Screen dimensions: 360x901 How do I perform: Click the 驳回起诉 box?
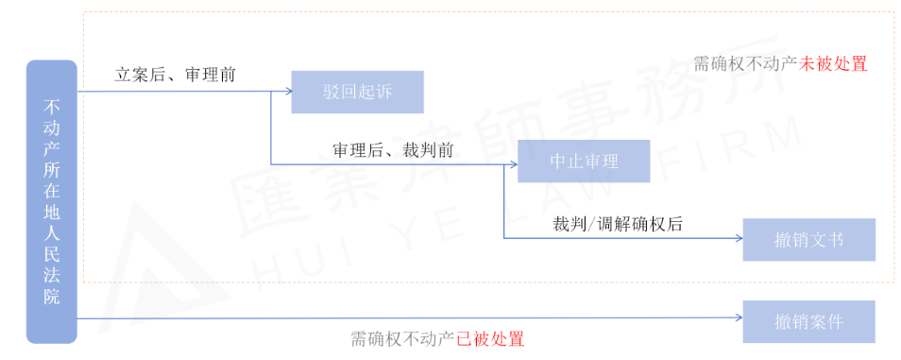357,92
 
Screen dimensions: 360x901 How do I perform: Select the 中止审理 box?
584,162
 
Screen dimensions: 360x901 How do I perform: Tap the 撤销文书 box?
808,240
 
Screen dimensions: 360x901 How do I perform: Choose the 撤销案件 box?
808,321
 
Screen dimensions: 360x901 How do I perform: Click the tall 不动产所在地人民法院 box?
52,201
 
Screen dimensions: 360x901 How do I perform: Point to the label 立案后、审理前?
176,74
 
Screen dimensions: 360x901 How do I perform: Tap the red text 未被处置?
833,64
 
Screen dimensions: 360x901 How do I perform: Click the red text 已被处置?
490,339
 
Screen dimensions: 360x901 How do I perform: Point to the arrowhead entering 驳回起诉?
286,92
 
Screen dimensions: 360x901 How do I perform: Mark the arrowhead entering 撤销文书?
739,238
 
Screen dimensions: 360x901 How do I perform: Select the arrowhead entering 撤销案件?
739,319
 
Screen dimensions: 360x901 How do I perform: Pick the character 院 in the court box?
52,298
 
